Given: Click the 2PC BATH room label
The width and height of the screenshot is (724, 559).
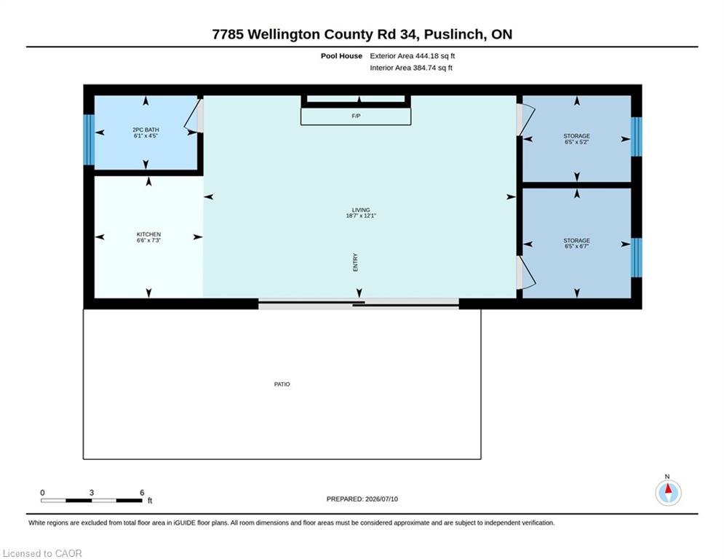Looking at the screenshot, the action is click(x=146, y=130).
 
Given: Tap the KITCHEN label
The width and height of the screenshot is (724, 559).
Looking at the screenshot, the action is click(x=148, y=234).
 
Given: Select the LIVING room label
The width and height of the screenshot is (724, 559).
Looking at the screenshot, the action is click(x=361, y=210).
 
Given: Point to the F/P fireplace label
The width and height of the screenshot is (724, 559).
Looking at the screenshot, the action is click(x=356, y=116).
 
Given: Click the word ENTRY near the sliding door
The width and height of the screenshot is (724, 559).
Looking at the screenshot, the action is click(x=355, y=262).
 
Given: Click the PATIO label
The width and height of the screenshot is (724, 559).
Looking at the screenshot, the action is click(x=282, y=384).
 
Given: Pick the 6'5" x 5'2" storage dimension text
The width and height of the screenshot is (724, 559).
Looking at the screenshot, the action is click(x=577, y=142).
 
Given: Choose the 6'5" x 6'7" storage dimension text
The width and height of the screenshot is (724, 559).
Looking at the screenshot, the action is click(x=577, y=246).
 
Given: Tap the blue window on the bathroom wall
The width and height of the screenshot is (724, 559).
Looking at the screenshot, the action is click(x=89, y=140).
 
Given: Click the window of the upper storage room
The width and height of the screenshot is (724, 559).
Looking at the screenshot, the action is click(x=636, y=137).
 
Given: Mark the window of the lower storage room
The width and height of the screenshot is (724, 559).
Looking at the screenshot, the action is click(x=636, y=258).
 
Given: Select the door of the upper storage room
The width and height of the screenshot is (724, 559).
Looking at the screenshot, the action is click(x=525, y=120).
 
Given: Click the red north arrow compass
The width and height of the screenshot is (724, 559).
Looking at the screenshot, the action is click(x=668, y=493).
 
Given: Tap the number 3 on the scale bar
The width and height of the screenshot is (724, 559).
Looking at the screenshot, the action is click(x=92, y=493).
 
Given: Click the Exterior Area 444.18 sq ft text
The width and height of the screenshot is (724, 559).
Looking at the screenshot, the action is click(x=413, y=56).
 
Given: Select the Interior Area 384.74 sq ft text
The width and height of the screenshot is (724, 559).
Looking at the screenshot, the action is click(x=411, y=68).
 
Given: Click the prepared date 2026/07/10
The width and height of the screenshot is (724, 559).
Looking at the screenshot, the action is click(x=381, y=499).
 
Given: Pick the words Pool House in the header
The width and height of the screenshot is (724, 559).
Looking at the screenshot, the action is click(x=342, y=56).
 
